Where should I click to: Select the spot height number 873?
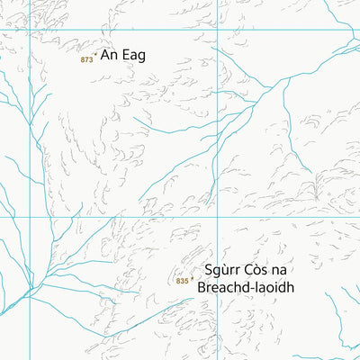click(86, 60)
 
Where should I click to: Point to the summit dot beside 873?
click(96, 53)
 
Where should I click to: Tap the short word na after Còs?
click(287, 271)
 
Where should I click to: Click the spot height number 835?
click(183, 281)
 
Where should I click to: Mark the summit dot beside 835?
click(193, 276)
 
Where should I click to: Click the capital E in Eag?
click(124, 55)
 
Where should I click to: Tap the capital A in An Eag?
click(104, 55)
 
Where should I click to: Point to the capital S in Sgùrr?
click(208, 270)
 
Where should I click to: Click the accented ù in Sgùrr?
click(225, 271)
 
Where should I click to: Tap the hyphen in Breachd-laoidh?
click(257, 289)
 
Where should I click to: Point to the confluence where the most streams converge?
click(34, 288)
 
